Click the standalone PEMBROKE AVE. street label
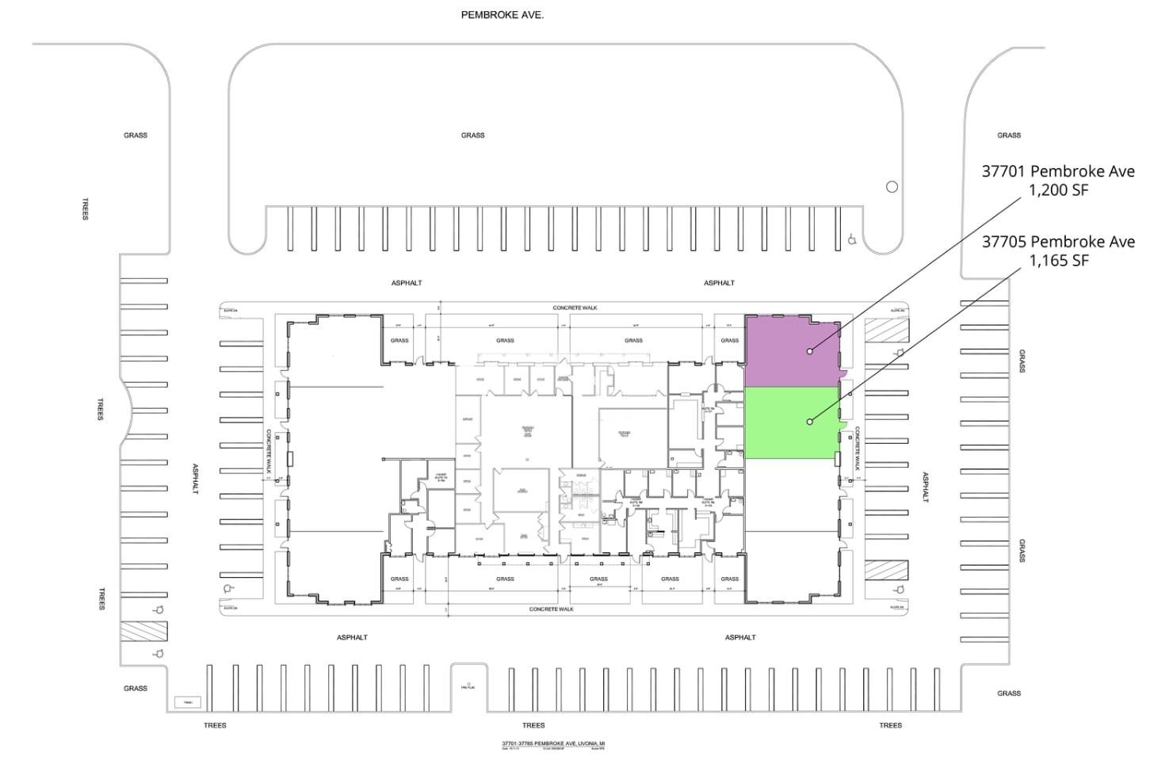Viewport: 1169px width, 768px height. click(502, 15)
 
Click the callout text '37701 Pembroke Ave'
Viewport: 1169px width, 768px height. click(1058, 171)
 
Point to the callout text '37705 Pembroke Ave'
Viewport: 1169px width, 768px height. click(1058, 242)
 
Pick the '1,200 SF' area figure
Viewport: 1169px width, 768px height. click(1058, 190)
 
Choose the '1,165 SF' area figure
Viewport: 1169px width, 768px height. click(1058, 261)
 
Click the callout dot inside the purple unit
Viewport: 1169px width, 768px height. click(809, 351)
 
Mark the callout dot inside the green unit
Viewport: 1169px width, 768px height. click(809, 422)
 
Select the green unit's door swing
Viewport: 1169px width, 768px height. click(842, 428)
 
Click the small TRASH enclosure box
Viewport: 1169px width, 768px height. click(188, 702)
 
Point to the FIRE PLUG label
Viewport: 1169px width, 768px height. click(468, 686)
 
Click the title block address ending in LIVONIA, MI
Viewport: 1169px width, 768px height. click(553, 743)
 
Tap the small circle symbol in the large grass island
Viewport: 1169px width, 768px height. click(892, 187)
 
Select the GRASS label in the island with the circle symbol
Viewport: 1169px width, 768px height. click(473, 136)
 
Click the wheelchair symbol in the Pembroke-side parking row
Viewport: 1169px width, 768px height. click(852, 239)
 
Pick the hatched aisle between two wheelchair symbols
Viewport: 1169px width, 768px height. click(143, 631)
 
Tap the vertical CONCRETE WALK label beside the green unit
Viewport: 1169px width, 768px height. click(857, 449)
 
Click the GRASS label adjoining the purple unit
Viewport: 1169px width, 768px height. click(730, 341)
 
